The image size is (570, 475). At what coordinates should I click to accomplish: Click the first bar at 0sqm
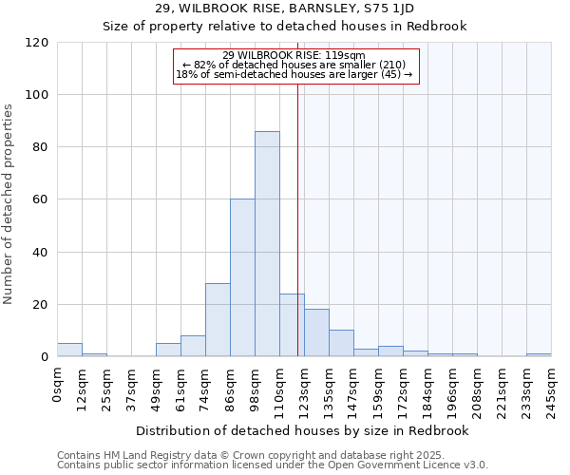pyautogui.click(x=69, y=350)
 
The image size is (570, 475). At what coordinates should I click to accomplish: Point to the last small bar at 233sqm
pyautogui.click(x=539, y=354)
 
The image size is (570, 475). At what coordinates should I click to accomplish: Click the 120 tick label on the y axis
pyautogui.click(x=37, y=43)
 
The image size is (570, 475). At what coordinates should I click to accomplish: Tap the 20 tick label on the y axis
pyautogui.click(x=41, y=305)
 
